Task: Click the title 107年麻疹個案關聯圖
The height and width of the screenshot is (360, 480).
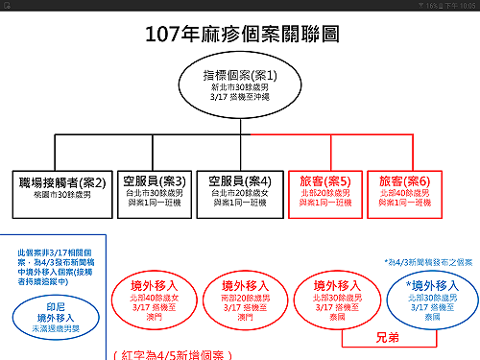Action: tap(241, 36)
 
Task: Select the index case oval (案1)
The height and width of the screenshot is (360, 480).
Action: tap(241, 85)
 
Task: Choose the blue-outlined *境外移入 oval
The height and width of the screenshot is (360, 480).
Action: tap(423, 297)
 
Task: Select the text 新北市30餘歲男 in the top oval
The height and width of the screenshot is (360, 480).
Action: tap(241, 87)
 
